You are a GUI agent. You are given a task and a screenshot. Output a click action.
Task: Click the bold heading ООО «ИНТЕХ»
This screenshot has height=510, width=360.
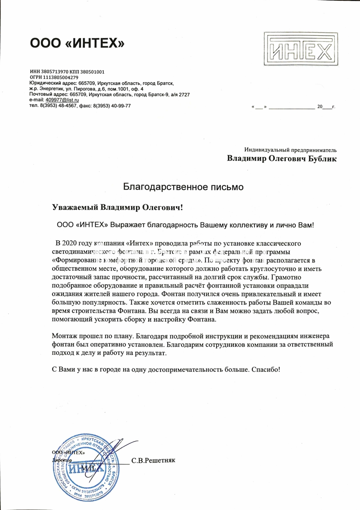(x=77, y=44)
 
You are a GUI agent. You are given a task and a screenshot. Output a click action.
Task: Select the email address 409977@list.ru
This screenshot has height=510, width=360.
(x=62, y=100)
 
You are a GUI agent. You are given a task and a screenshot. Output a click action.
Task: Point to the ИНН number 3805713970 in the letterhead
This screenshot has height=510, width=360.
(x=54, y=72)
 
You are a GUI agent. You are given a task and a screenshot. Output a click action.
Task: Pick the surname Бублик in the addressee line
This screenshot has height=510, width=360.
(x=322, y=159)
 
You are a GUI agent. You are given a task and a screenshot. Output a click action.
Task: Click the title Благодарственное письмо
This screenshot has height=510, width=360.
(x=183, y=187)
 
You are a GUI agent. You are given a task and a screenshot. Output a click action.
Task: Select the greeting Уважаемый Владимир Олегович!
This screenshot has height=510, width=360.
(x=117, y=207)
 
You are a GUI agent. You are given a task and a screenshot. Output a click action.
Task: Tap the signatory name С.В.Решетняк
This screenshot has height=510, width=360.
(x=153, y=461)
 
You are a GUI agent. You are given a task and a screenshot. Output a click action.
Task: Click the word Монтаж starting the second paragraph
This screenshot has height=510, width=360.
(x=64, y=336)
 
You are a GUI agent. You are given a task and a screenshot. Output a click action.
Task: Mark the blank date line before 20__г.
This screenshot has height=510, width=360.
(x=292, y=107)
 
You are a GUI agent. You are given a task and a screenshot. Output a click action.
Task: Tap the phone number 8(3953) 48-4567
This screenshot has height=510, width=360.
(x=56, y=106)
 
